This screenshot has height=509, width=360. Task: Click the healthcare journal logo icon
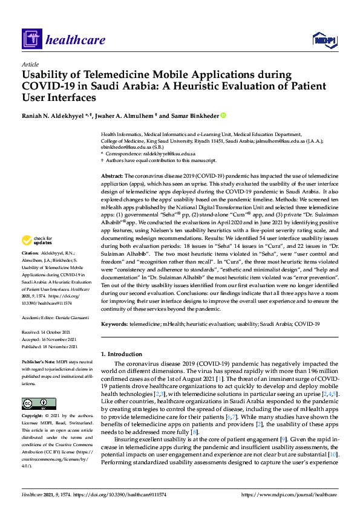31,40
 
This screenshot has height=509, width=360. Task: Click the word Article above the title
30,64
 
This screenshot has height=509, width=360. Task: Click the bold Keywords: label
114,324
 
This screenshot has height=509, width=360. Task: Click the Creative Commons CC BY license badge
34,403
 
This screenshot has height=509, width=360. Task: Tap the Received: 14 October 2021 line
50,332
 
